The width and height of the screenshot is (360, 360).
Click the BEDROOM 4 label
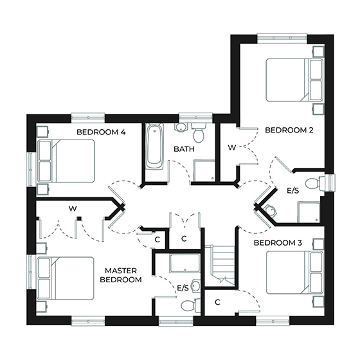coord(101,132)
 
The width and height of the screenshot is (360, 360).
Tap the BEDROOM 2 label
coord(289,130)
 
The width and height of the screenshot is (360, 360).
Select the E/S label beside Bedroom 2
coord(292,191)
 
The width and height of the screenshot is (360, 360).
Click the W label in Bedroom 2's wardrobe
coord(231,148)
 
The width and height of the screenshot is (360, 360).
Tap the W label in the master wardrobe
coord(74,208)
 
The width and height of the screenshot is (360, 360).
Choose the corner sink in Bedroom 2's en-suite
coord(271,209)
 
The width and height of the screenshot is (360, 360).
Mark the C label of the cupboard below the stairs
coord(217,301)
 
